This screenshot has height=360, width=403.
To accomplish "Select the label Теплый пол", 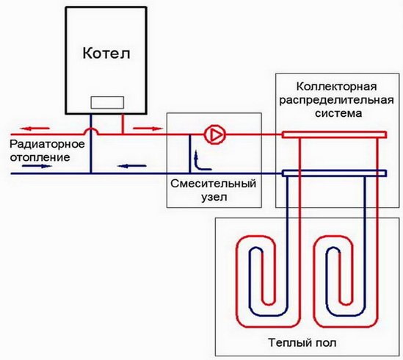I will pos(301,342).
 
